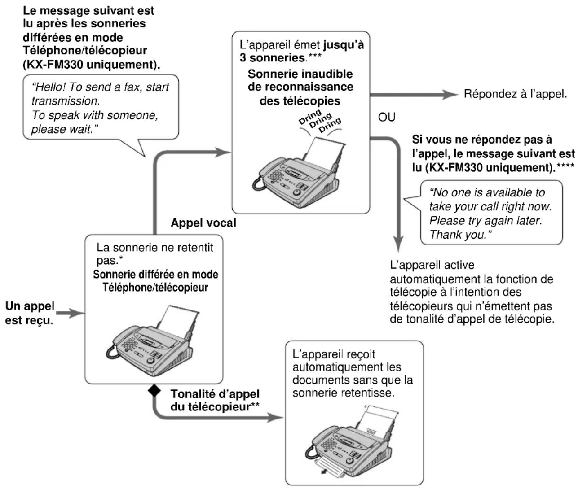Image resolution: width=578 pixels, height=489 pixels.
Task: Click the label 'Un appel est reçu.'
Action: (x=30, y=314)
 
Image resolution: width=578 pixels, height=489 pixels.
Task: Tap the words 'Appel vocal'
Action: (x=203, y=223)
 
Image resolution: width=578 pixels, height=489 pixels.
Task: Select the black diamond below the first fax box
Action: (x=154, y=391)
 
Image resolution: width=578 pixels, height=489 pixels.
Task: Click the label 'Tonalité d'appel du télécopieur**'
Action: (x=215, y=400)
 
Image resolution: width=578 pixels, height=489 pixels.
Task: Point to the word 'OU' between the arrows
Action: (x=387, y=117)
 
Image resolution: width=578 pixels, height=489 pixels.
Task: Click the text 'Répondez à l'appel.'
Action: (x=515, y=94)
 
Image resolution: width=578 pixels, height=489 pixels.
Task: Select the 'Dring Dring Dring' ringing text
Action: (x=319, y=120)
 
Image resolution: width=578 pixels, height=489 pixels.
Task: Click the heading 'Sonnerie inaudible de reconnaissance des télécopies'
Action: (x=300, y=87)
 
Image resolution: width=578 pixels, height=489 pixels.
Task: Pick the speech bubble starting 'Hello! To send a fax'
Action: (x=100, y=108)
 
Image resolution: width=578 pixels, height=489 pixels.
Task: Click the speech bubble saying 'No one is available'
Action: (x=490, y=214)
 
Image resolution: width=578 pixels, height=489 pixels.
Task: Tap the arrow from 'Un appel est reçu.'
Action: (x=71, y=314)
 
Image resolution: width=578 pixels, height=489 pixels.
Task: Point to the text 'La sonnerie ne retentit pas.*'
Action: (x=155, y=254)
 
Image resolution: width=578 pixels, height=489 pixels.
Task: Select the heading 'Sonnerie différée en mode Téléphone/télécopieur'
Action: (x=155, y=281)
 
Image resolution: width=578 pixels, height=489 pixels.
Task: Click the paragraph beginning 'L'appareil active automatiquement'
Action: (x=472, y=292)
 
